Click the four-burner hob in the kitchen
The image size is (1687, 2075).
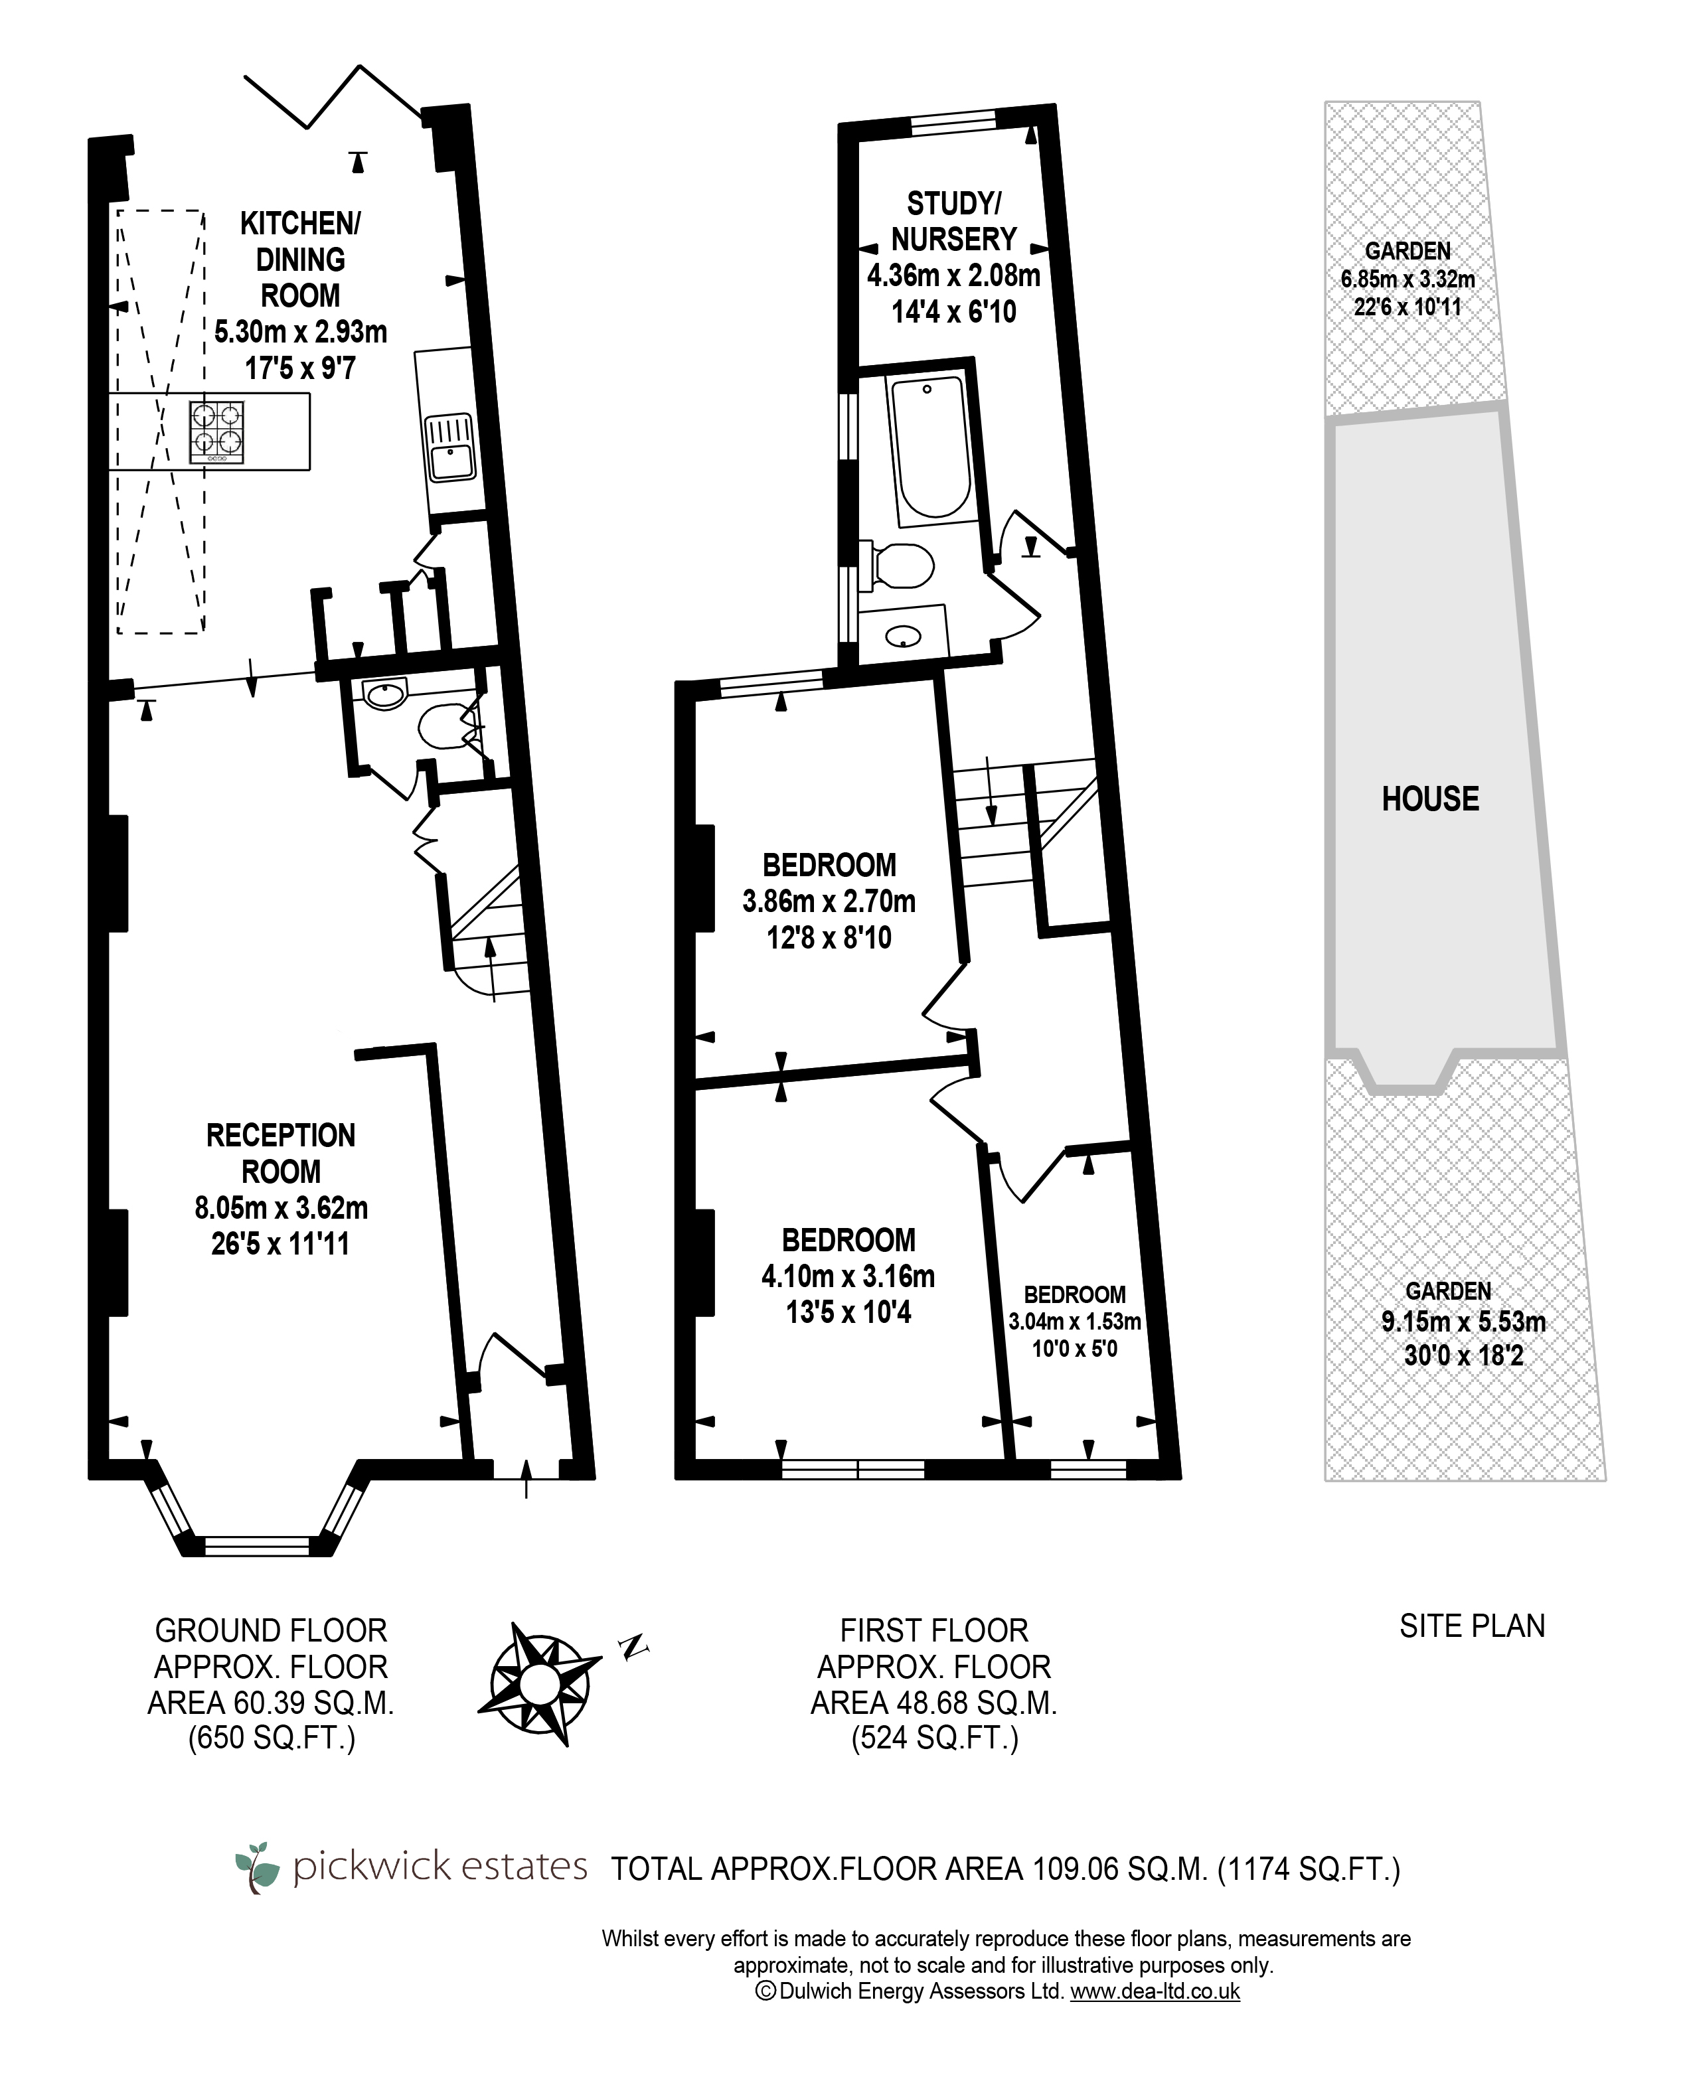pyautogui.click(x=216, y=432)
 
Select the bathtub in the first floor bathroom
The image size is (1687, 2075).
pyautogui.click(x=929, y=447)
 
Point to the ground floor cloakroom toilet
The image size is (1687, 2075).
pyautogui.click(x=447, y=727)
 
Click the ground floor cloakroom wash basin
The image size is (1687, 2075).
pyautogui.click(x=385, y=694)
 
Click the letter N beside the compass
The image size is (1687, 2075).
pyautogui.click(x=633, y=1646)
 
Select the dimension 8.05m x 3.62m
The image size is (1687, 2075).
pyautogui.click(x=281, y=1207)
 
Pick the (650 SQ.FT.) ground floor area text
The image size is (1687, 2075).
pyautogui.click(x=272, y=1737)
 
